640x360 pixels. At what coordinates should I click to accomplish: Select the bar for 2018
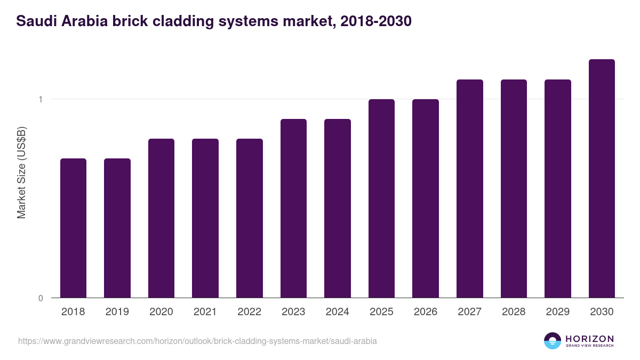tap(73, 228)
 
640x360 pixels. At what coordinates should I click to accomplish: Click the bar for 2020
tap(161, 218)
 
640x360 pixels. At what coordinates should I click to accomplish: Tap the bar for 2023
tap(293, 209)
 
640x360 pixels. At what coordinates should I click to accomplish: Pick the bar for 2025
tap(381, 198)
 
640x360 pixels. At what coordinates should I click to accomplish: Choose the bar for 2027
tap(469, 189)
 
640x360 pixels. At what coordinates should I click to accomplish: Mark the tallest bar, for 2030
tap(602, 179)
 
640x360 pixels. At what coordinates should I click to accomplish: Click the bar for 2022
tap(249, 218)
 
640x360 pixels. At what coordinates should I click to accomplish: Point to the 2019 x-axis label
tap(117, 312)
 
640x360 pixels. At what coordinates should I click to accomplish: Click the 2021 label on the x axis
tap(205, 312)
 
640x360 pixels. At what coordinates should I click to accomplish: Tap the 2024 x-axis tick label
tap(337, 312)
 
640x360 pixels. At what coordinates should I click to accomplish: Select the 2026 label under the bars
tap(425, 312)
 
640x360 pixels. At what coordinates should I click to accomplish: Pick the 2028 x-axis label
tap(514, 312)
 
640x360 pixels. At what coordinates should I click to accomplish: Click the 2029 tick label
tap(557, 312)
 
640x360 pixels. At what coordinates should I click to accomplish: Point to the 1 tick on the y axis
tap(41, 99)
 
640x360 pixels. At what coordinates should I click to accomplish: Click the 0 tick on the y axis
tap(41, 298)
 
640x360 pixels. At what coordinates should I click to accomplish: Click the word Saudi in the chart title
tap(33, 21)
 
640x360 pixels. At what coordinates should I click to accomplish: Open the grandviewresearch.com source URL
tap(197, 341)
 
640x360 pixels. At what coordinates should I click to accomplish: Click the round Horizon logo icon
tap(553, 341)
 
